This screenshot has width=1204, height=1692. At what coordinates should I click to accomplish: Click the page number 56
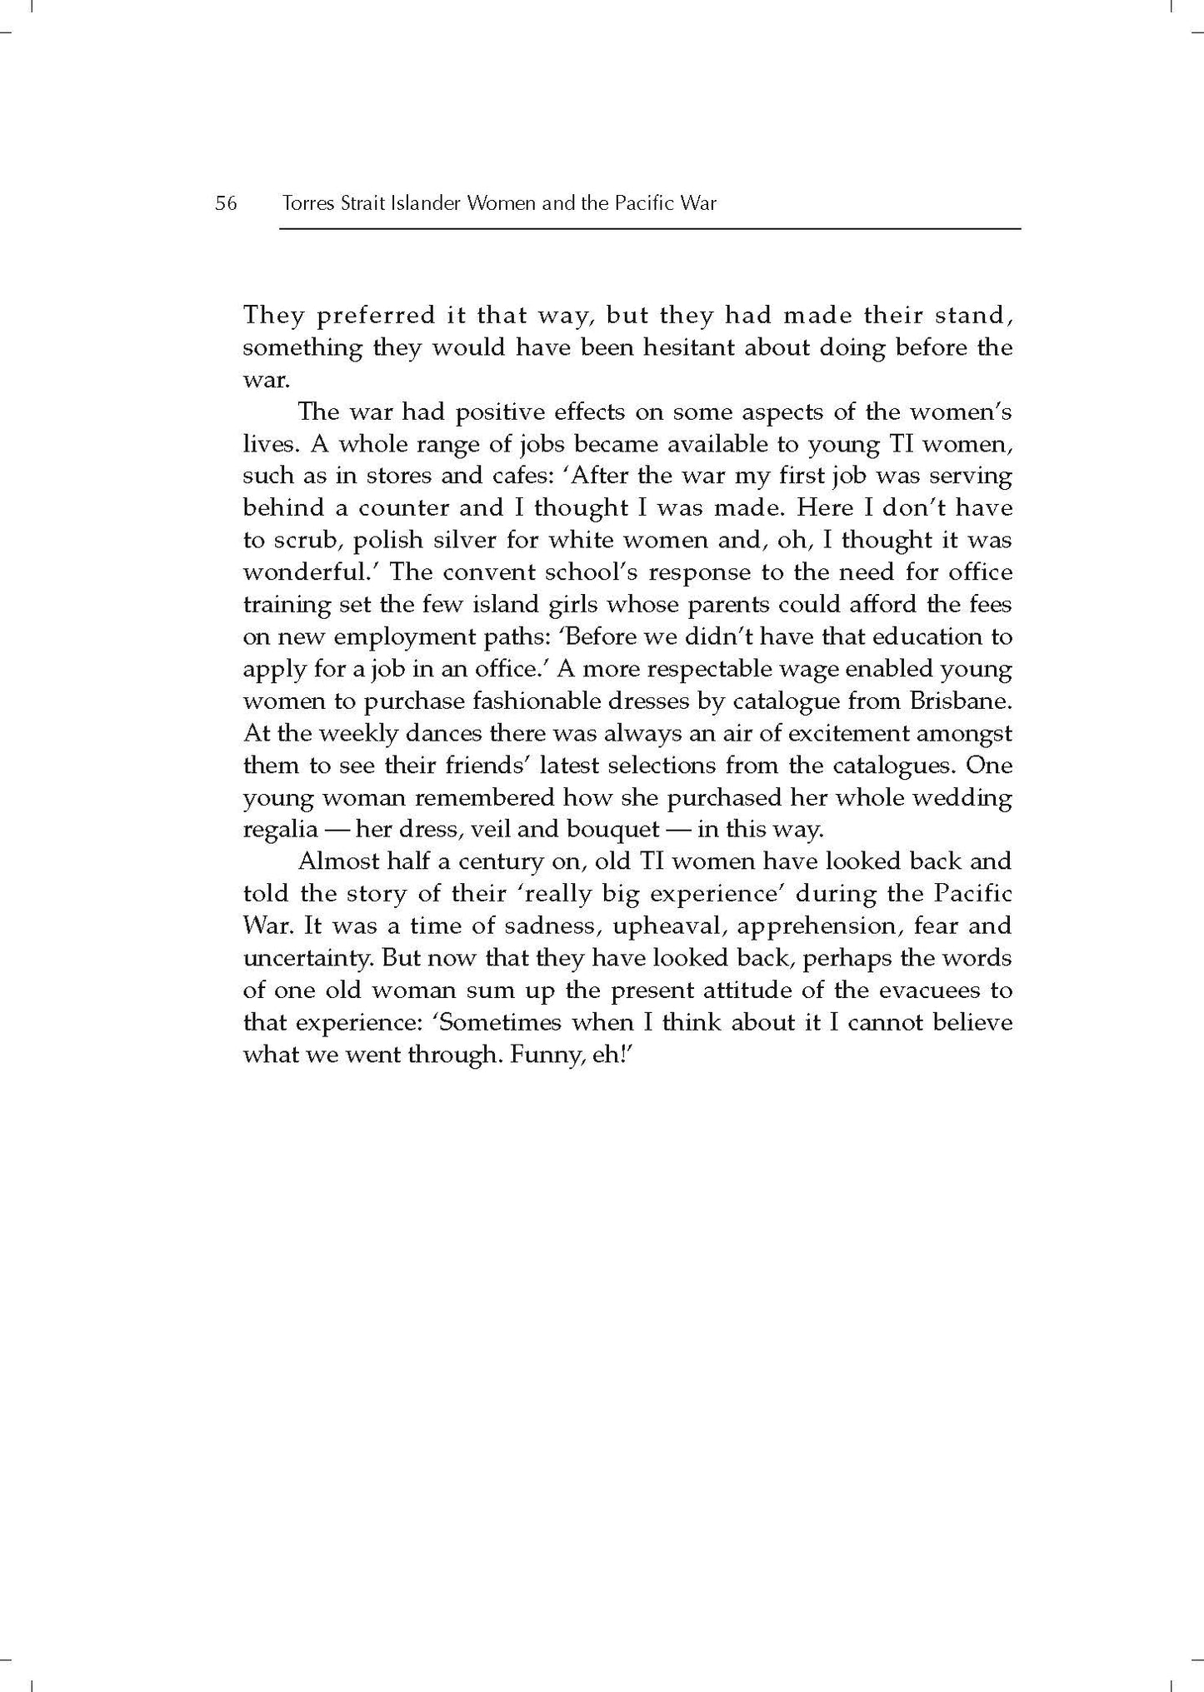(x=226, y=203)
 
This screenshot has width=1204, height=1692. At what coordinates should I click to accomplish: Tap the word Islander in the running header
(x=423, y=203)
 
